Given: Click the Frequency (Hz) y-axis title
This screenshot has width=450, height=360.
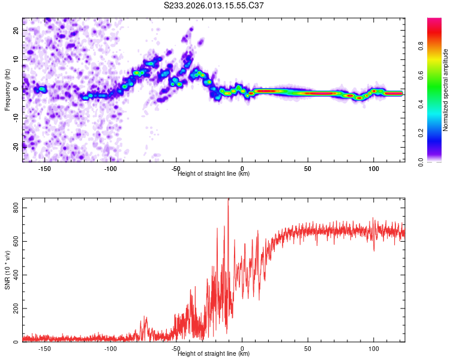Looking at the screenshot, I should pyautogui.click(x=8, y=90).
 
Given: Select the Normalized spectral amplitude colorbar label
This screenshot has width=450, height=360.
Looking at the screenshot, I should pyautogui.click(x=446, y=90).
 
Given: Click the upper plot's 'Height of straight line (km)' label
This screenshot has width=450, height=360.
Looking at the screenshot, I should pyautogui.click(x=214, y=173).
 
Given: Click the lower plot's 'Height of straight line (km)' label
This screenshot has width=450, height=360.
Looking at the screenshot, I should pyautogui.click(x=214, y=353).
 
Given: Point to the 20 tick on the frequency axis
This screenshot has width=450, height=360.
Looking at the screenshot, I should pyautogui.click(x=16, y=29).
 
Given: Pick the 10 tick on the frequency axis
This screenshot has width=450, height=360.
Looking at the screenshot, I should pyautogui.click(x=16, y=59).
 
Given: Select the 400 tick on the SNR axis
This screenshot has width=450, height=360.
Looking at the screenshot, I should pyautogui.click(x=14, y=275).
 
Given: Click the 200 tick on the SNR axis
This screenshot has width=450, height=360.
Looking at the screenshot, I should pyautogui.click(x=14, y=308).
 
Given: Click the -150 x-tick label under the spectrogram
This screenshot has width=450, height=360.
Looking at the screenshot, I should pyautogui.click(x=44, y=169).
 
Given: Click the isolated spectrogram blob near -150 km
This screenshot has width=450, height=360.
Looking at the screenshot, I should pyautogui.click(x=42, y=89).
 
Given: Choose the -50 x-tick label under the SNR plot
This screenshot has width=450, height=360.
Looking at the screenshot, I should pyautogui.click(x=176, y=348).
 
